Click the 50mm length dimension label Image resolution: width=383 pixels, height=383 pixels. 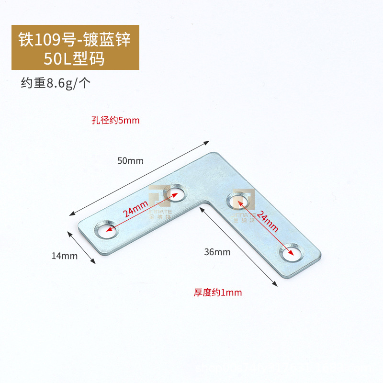[131, 161]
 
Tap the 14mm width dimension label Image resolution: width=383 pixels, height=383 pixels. [64, 256]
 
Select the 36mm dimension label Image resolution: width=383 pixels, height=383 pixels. [217, 252]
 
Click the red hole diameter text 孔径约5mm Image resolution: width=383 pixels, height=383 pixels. [115, 120]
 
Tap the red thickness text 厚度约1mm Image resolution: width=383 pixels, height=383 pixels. [218, 292]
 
